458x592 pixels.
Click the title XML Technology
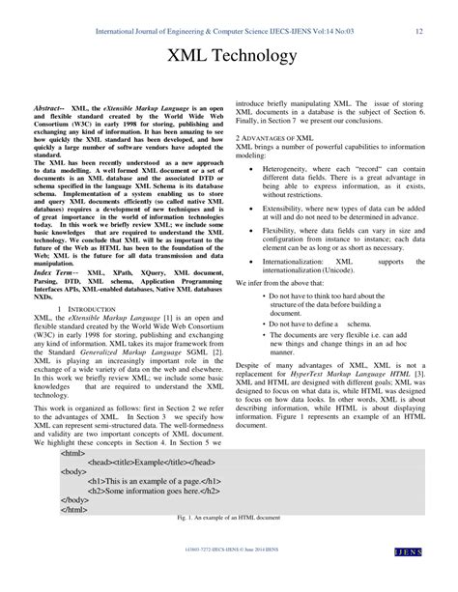pos(229,57)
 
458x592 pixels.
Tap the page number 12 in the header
pos(419,31)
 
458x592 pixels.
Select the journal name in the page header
pos(225,31)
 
